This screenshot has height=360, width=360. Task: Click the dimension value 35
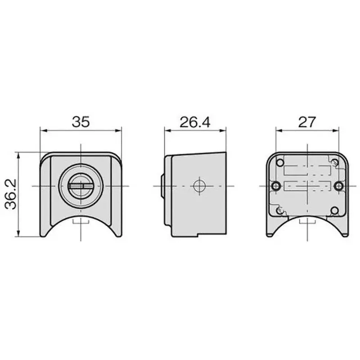tap(81, 121)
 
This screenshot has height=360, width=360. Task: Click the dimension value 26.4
tap(194, 121)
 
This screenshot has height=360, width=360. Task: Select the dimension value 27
tap(307, 121)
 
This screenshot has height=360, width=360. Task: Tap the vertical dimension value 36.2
tap(10, 194)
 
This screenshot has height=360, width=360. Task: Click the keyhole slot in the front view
tap(81, 185)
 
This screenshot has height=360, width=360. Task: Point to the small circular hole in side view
tap(198, 185)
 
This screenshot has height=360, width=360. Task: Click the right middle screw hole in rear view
tap(339, 185)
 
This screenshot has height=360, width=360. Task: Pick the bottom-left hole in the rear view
tap(280, 210)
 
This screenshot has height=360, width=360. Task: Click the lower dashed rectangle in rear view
tap(307, 186)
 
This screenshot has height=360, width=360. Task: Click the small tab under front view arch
tap(81, 221)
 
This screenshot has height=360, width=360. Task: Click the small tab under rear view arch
tap(307, 221)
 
